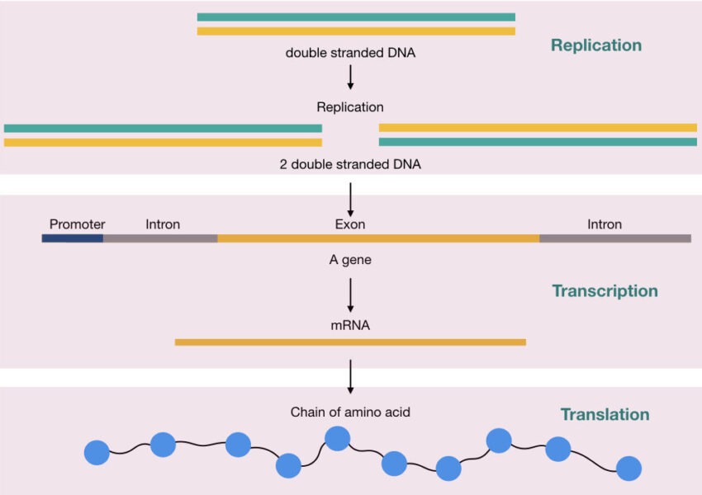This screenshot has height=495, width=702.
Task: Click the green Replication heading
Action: (x=595, y=45)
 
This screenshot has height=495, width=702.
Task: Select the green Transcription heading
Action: (x=605, y=291)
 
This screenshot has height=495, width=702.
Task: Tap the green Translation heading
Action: (x=605, y=415)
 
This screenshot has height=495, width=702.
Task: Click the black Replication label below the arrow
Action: (x=350, y=107)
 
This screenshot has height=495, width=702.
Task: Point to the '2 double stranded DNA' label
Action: (x=350, y=164)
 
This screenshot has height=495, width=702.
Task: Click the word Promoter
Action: (x=78, y=224)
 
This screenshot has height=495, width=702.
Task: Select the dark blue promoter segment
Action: (x=73, y=238)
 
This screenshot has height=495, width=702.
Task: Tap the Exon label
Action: (x=350, y=224)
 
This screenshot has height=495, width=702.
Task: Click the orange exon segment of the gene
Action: (x=378, y=238)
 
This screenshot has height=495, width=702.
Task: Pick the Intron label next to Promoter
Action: (x=163, y=224)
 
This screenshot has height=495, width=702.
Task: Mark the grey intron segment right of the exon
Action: (x=615, y=238)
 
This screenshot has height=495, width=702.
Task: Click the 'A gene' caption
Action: (x=350, y=261)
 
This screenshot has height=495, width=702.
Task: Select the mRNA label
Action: (x=350, y=325)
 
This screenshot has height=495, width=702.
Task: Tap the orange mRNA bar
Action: (x=350, y=342)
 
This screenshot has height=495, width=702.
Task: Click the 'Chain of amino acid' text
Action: (x=350, y=412)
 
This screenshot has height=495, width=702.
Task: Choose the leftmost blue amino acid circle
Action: (x=97, y=452)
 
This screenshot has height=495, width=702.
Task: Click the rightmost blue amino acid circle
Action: (x=628, y=468)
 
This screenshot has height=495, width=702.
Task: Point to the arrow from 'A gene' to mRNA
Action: (x=351, y=295)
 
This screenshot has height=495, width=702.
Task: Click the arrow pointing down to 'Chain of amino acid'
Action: (x=351, y=376)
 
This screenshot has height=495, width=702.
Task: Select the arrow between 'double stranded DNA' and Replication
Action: (x=351, y=77)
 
